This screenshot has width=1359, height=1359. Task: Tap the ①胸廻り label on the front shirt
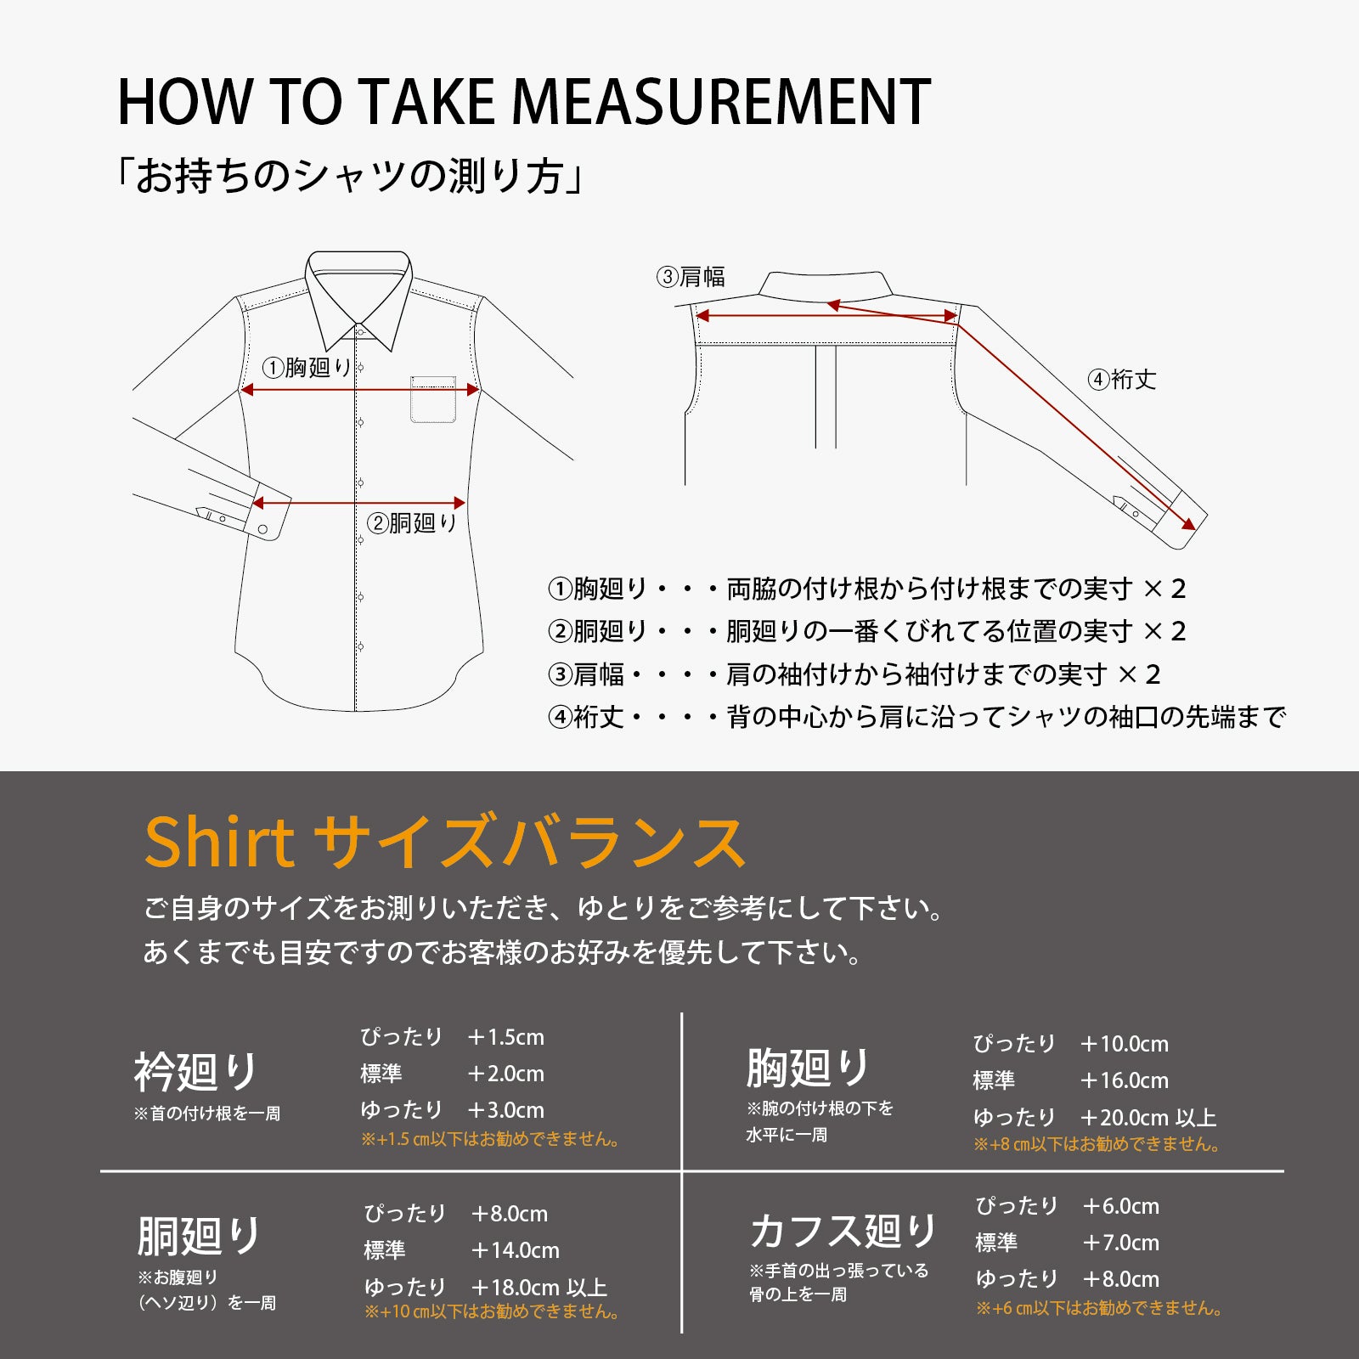[x=307, y=368]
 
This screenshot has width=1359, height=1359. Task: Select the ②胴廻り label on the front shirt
[x=412, y=523]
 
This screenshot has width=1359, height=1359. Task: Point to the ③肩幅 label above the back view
[x=691, y=277]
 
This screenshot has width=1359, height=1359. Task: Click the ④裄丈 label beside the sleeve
[x=1122, y=380]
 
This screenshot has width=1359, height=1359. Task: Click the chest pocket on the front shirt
[x=433, y=399]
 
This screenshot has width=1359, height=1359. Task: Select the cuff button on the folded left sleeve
[x=262, y=529]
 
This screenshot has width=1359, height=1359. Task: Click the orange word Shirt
[x=219, y=843]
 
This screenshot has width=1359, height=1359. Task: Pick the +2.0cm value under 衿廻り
[x=505, y=1074]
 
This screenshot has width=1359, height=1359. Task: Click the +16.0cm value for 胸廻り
[x=1124, y=1080]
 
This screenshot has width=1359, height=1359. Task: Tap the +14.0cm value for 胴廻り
[x=515, y=1250]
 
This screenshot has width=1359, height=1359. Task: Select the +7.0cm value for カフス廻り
[x=1120, y=1243]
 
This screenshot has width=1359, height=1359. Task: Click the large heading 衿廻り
[x=196, y=1072]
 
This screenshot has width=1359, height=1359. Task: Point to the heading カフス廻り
[x=843, y=1231]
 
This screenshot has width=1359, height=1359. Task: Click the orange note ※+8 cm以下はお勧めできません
[x=1097, y=1144]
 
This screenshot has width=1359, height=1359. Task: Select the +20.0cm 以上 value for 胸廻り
[x=1148, y=1118]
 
